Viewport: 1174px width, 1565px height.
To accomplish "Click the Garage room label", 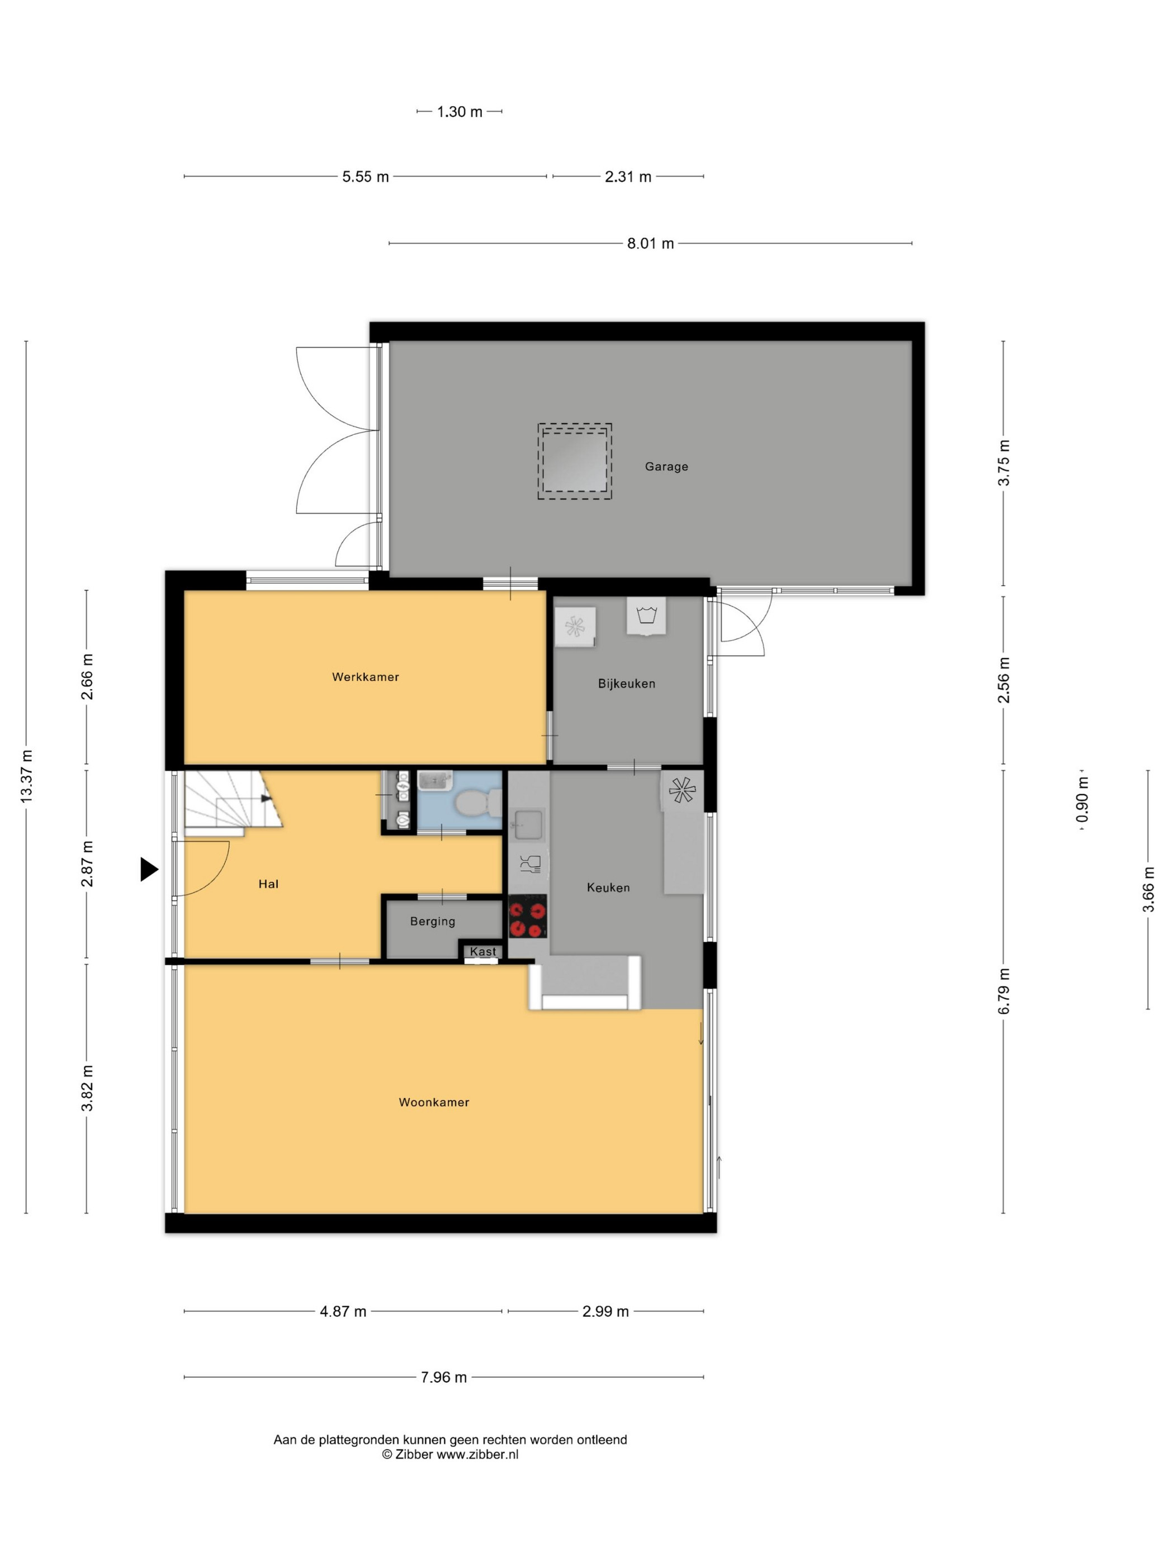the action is point(666,466).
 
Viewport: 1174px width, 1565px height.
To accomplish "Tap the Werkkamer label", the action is point(365,677).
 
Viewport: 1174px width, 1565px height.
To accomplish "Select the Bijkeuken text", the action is point(626,684).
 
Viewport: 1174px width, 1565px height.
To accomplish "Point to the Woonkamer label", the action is point(434,1102).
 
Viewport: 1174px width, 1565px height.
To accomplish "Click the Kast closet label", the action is point(482,952).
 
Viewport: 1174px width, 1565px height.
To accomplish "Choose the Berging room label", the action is point(432,921).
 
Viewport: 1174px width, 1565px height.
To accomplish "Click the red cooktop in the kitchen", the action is point(528,916).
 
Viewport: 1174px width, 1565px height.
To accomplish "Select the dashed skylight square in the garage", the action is point(575,461).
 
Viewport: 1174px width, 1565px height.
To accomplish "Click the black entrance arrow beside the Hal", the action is point(149,869).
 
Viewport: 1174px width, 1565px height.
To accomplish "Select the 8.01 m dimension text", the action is point(650,243).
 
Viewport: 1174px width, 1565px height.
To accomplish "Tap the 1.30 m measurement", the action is point(460,112).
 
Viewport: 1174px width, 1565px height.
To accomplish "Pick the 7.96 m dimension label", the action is point(444,1377).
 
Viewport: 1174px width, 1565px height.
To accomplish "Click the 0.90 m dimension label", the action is point(1083,799).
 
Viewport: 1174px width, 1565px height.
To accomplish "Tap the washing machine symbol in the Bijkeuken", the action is point(646,615).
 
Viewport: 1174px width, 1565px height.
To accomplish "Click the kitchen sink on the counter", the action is point(528,824).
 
